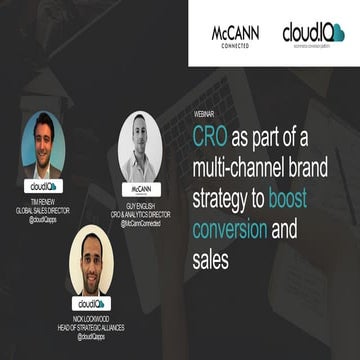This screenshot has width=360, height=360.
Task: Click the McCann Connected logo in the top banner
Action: pyautogui.click(x=235, y=34)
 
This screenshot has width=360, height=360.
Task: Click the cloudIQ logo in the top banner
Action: pyautogui.click(x=313, y=34)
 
